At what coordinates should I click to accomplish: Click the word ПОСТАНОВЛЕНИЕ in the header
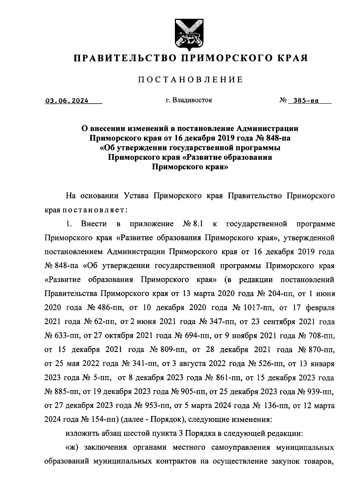[190, 79]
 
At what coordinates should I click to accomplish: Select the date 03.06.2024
[67, 101]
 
